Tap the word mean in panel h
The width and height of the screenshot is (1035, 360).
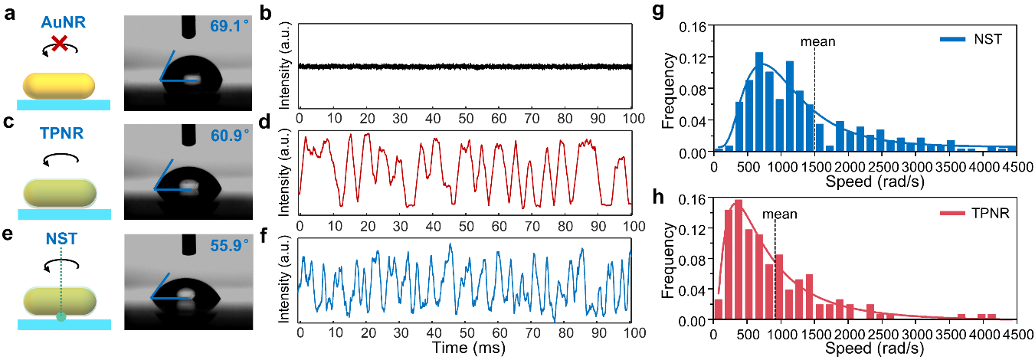tap(778, 216)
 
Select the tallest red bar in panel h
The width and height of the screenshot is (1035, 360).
tap(739, 261)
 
